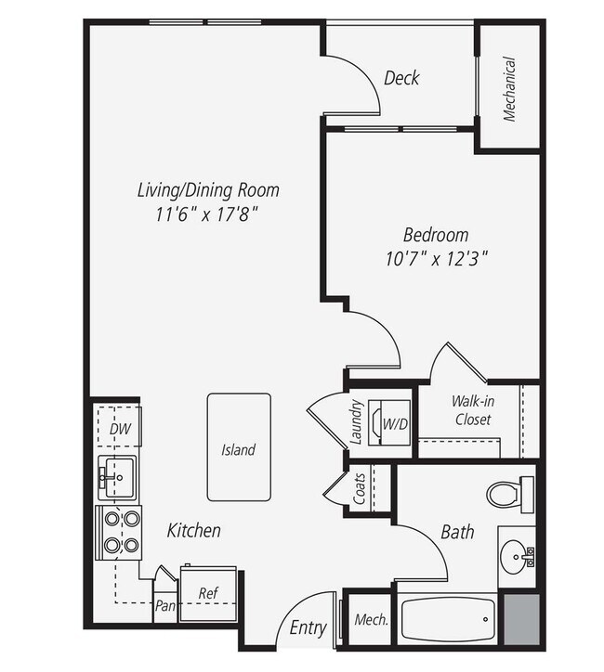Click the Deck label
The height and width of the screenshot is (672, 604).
coord(401,78)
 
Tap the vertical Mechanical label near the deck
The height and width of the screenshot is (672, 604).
coord(509,90)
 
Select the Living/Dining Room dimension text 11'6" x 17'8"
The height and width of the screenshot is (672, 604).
coord(207,213)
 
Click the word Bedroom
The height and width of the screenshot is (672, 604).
coord(435,235)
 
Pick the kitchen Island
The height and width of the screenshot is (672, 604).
coord(238,447)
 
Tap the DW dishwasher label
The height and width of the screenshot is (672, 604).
coord(118,429)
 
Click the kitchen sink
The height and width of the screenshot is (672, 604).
coord(117,477)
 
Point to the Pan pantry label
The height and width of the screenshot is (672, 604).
coord(165,605)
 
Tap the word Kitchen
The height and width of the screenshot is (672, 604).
coord(194,531)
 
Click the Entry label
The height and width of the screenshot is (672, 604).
coord(309,628)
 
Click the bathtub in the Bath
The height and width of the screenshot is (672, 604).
coord(450,623)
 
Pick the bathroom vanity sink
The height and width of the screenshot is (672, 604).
coord(516,558)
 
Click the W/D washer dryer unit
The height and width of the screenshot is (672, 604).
coord(392,423)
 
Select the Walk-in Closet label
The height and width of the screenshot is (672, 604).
coord(471,410)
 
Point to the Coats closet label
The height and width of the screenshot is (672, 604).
coord(359,487)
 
